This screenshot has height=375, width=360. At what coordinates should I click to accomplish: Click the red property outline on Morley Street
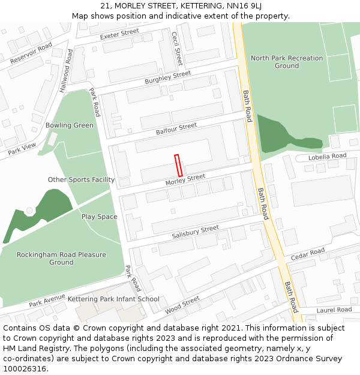point(178,165)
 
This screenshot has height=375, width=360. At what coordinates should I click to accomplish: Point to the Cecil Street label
point(177,48)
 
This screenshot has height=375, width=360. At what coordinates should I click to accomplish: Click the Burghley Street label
point(167,77)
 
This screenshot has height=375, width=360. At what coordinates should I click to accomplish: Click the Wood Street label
point(182,305)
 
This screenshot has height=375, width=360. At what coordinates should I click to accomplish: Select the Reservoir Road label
point(31,53)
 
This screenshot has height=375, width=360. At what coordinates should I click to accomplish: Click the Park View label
point(22,148)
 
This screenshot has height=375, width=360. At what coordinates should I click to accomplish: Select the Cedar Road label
point(308,254)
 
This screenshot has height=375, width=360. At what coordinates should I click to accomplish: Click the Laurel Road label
point(334,310)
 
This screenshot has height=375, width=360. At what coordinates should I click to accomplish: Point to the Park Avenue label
point(47,300)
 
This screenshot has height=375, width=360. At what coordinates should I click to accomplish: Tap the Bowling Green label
point(70,125)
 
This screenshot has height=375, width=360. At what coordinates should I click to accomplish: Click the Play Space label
point(100,217)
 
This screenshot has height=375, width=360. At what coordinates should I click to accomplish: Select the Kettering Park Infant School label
point(113,299)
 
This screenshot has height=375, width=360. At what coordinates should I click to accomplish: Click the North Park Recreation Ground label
point(286,62)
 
